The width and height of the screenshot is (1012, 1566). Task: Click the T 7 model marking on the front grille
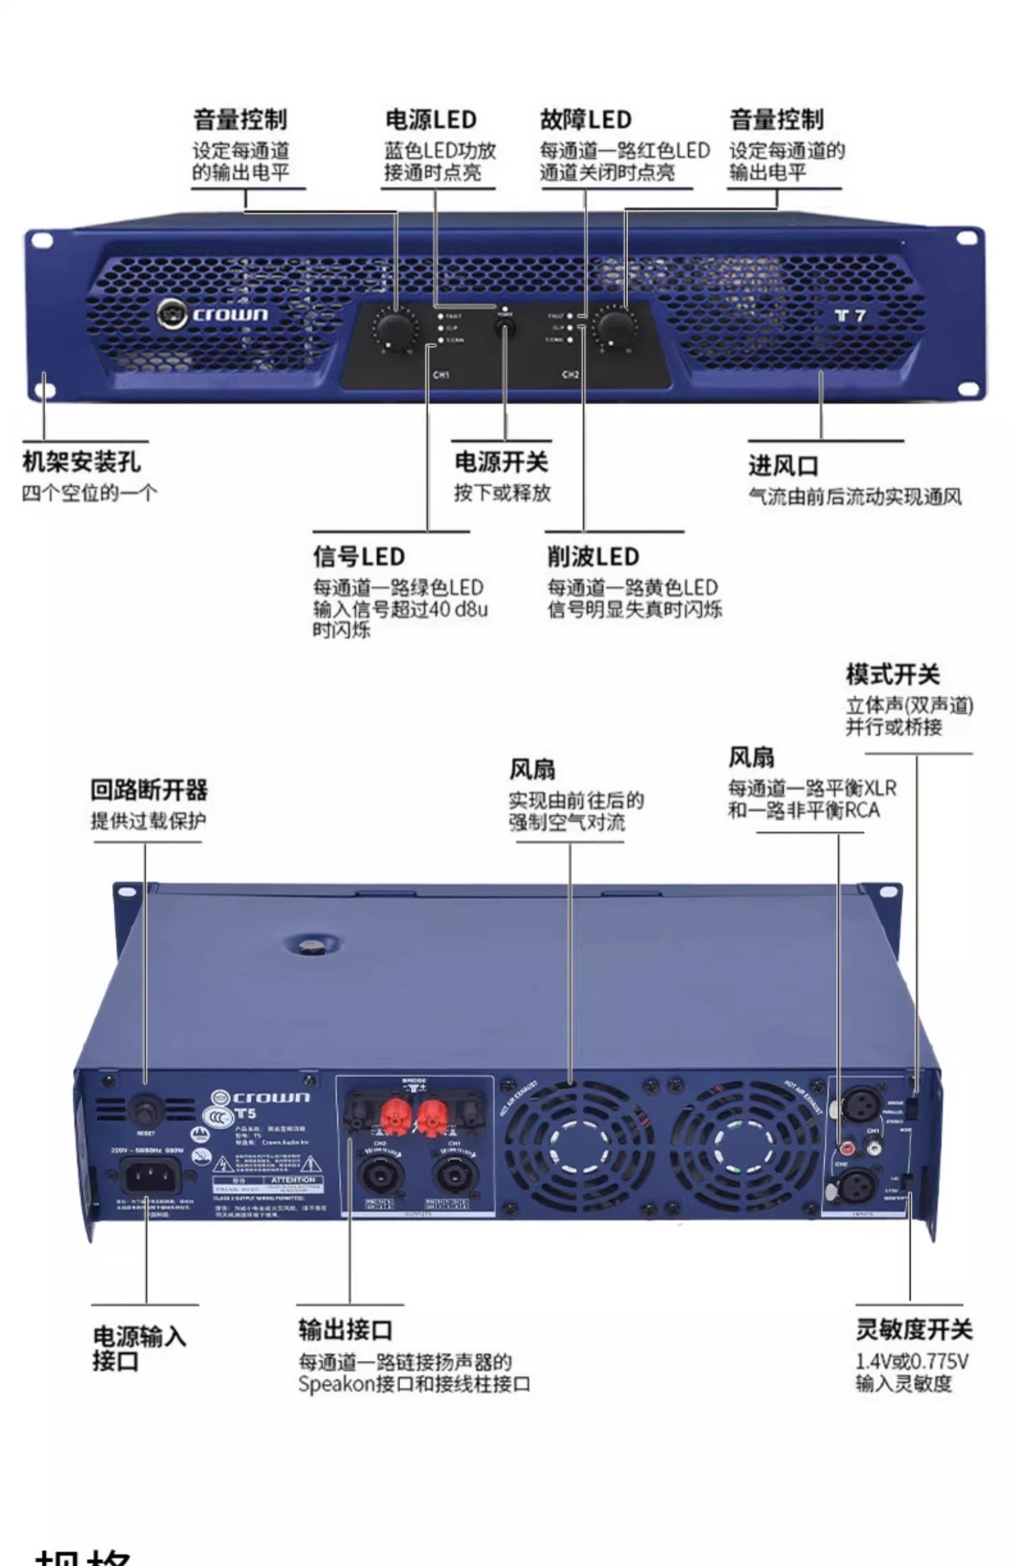click(x=849, y=316)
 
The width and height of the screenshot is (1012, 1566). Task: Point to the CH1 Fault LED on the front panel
click(x=441, y=316)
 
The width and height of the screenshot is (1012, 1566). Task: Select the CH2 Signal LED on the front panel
click(x=570, y=340)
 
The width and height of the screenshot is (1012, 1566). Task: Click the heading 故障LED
click(x=585, y=120)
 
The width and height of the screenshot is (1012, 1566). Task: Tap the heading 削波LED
click(x=593, y=556)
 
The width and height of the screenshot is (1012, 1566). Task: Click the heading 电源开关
click(x=501, y=463)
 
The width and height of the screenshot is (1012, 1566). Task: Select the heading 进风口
click(x=783, y=465)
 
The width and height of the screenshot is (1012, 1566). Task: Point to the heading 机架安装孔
click(x=82, y=462)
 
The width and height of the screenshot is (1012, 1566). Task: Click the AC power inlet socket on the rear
click(x=150, y=1177)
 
